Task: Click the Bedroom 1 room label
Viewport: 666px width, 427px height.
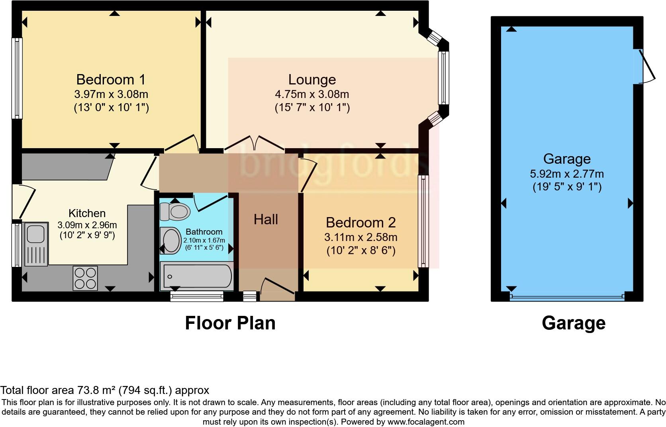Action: click(x=111, y=80)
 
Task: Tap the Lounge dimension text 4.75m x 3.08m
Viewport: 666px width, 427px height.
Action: click(x=312, y=94)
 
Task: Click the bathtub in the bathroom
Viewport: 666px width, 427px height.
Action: click(x=196, y=276)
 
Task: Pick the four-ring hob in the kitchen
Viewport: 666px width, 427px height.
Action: click(x=85, y=278)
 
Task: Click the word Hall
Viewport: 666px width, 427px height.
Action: click(x=266, y=219)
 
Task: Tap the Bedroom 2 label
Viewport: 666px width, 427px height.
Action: click(x=360, y=222)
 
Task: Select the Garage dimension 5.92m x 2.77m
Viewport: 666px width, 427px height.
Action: click(x=566, y=174)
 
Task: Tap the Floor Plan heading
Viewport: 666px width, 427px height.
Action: click(x=230, y=323)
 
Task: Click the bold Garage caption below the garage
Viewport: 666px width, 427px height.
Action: click(x=573, y=323)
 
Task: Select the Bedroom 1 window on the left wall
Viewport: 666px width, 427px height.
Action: click(x=17, y=78)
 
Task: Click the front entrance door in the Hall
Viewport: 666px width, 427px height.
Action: click(x=277, y=289)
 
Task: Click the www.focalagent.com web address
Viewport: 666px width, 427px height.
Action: click(x=426, y=421)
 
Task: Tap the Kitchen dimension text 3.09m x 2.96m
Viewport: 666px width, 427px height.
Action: click(x=87, y=225)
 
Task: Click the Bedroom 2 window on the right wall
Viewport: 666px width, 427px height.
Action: click(x=423, y=221)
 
